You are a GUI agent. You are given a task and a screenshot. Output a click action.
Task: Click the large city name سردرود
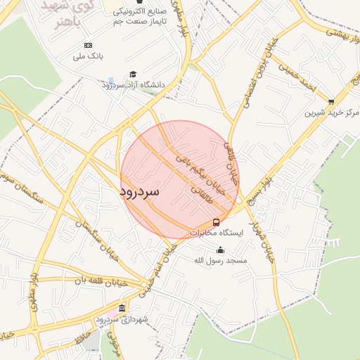pos(139,191)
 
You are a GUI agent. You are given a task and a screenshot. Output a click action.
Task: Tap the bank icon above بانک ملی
pos(88,45)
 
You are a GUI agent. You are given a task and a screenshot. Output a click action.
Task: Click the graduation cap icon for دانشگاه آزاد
pos(133,75)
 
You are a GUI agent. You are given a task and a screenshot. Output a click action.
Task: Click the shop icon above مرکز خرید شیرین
pos(331,102)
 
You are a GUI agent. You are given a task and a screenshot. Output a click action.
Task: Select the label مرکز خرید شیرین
pos(332,113)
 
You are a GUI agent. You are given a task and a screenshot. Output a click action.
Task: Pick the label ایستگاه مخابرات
pos(216,233)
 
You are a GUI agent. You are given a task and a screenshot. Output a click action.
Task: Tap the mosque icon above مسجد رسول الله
pos(221,250)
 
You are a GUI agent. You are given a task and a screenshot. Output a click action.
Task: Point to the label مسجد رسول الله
pos(221,260)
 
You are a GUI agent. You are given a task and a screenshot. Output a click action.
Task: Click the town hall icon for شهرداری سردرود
pos(122,309)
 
